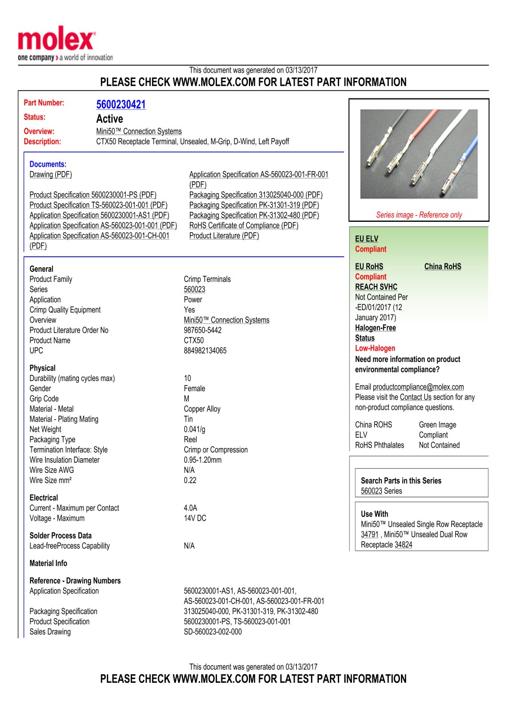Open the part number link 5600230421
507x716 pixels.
121,105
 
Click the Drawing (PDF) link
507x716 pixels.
51,174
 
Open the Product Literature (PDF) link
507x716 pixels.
224,236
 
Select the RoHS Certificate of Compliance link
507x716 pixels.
244,226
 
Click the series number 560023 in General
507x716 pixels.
194,289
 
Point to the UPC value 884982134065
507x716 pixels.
205,351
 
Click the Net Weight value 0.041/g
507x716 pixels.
194,429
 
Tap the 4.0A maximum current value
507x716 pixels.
190,508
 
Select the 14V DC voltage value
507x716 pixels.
195,518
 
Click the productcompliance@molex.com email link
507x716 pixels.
418,387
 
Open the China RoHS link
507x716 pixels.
442,267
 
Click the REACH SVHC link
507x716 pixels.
376,287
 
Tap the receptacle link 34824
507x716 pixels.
403,545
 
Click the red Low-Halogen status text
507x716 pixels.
375,348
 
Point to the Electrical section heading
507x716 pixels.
43,498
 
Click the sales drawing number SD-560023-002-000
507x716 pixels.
212,632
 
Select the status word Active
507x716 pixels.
109,119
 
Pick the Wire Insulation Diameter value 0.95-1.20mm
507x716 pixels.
202,460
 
